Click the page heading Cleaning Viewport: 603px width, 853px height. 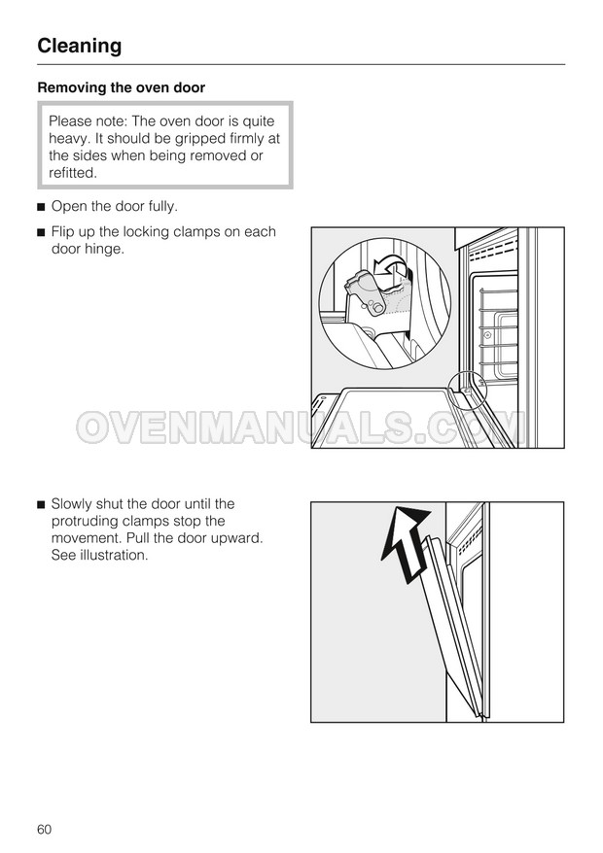80,46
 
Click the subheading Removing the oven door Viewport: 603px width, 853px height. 121,87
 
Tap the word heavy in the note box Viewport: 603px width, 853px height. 69,139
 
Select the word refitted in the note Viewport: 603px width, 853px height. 72,173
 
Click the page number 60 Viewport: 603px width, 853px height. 44,829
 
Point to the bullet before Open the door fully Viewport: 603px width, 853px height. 40,207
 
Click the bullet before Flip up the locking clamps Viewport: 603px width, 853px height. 40,233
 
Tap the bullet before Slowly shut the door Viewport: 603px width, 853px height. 40,505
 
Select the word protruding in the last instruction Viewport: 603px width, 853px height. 85,521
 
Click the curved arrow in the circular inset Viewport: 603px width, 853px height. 389,267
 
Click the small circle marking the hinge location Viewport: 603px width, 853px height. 467,389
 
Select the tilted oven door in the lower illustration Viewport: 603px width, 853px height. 451,626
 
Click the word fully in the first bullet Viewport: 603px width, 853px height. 162,207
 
